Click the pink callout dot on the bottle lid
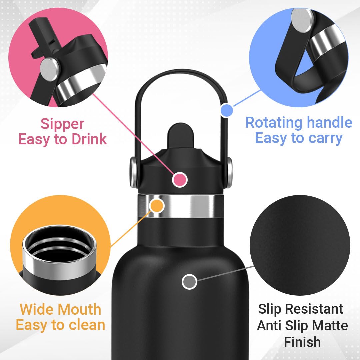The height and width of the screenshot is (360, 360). (x=180, y=180)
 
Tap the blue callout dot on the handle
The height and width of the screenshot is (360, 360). (x=227, y=110)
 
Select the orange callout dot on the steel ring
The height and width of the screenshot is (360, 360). (x=157, y=205)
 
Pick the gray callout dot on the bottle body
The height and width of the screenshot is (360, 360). (x=189, y=281)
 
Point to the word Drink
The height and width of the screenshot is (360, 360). (x=89, y=139)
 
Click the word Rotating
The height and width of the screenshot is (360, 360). (x=274, y=122)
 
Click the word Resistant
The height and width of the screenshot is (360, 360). (x=314, y=309)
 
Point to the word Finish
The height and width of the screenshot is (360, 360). (x=302, y=342)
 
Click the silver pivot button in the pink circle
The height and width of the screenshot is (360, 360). (x=49, y=69)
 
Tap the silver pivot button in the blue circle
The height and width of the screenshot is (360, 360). (x=302, y=20)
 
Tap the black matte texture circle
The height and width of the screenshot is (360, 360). (x=300, y=245)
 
